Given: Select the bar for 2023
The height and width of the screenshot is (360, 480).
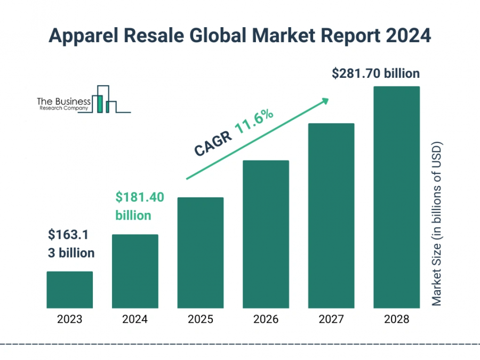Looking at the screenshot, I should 69,290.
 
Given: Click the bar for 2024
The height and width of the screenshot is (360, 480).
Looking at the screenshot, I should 135,271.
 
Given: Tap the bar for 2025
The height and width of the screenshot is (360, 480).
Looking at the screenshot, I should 201,252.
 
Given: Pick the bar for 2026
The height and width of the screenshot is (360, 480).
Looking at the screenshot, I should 266,234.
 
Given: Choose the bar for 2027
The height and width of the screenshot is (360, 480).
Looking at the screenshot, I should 331,215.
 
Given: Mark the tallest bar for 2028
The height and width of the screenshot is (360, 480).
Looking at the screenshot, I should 396,197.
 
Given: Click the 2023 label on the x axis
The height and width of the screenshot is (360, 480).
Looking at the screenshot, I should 69,319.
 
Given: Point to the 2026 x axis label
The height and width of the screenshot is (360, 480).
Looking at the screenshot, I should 266,319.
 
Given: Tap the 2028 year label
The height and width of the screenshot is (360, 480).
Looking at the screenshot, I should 396,319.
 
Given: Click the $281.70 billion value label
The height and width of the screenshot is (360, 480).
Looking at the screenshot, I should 375,74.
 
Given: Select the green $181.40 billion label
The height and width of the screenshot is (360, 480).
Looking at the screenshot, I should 140,207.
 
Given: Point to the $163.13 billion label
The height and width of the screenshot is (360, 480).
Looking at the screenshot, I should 71,243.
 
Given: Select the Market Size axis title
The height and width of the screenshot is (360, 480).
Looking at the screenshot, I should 437,224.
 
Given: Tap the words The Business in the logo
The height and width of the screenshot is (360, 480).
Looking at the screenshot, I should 63,100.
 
